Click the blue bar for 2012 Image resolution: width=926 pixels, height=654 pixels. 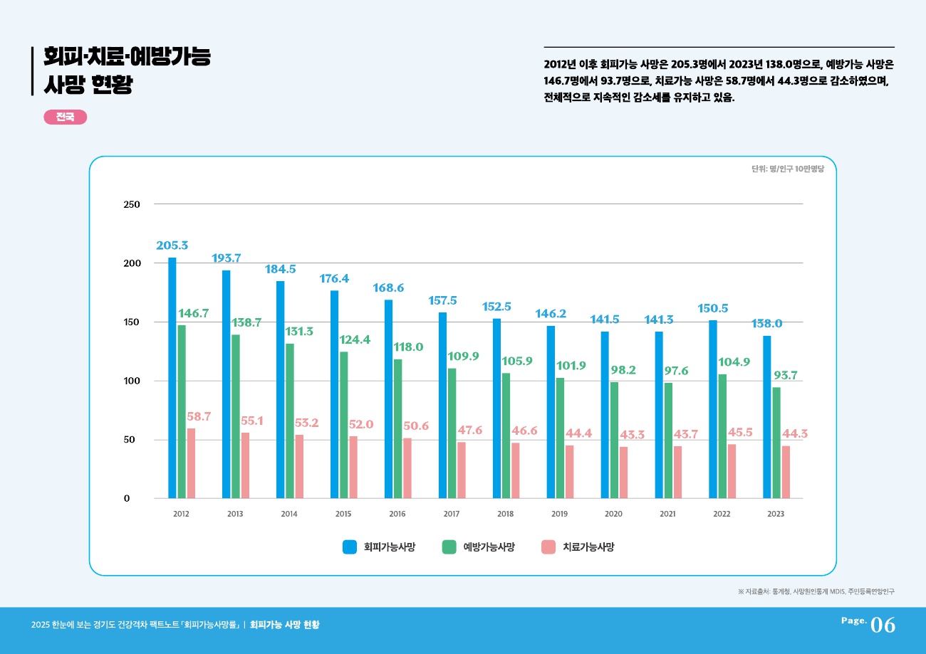172,377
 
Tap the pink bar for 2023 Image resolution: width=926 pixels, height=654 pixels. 786,472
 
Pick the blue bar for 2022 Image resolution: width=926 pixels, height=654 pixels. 713,409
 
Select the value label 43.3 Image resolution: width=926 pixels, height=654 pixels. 632,434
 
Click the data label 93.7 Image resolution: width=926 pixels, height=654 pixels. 786,375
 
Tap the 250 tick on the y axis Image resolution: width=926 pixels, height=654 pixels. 132,204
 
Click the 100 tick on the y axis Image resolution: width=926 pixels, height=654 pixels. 132,381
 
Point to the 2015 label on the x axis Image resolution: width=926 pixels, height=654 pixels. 343,513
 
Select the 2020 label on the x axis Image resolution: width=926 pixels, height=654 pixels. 613,513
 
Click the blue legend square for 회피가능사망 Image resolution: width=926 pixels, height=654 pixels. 350,547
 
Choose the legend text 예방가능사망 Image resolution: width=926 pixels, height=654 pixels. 489,547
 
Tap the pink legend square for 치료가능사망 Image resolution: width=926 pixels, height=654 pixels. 548,547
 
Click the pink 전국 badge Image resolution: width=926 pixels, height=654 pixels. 65,117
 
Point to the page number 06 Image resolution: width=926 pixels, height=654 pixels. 883,625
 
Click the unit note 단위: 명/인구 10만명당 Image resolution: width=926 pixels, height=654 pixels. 787,169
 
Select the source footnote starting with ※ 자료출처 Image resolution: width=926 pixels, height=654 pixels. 816,591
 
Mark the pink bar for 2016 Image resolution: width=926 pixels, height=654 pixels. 407,468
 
